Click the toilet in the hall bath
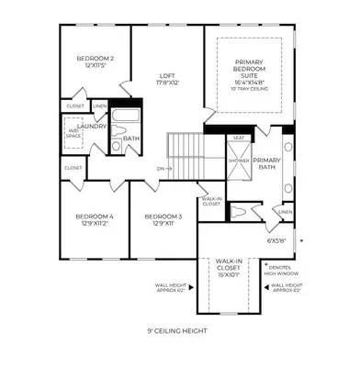[x=117, y=145]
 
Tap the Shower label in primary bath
[x=240, y=159]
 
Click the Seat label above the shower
[x=239, y=139]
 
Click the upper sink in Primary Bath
[x=288, y=146]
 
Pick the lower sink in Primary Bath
[x=288, y=188]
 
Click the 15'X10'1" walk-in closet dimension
[x=229, y=273]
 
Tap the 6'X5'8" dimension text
[x=276, y=240]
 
